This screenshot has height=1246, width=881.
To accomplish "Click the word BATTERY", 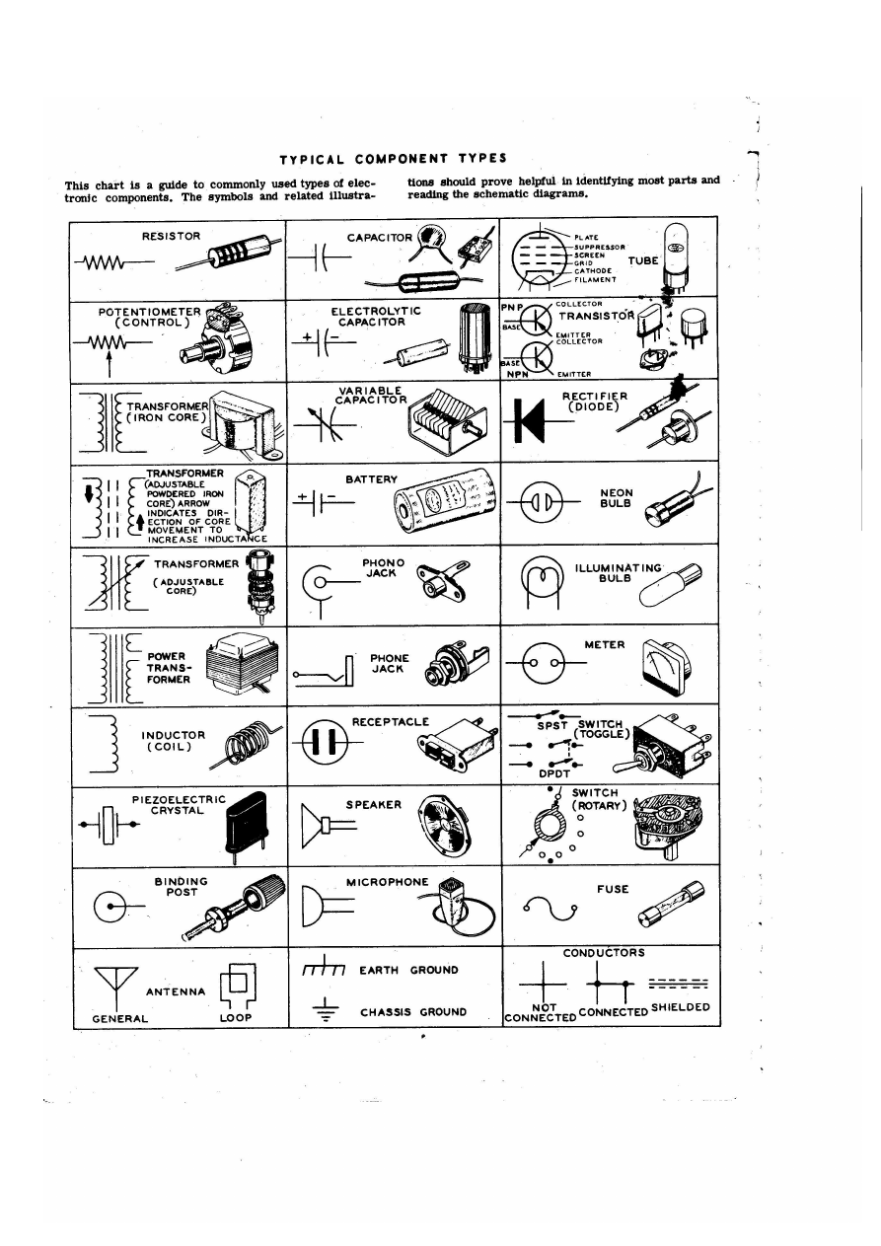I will coord(371,479).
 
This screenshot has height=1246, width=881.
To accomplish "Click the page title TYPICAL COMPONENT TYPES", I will coord(393,158).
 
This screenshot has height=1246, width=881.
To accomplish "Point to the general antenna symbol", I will coord(110,980).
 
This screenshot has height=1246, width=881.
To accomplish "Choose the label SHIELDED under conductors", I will coord(680,1007).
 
